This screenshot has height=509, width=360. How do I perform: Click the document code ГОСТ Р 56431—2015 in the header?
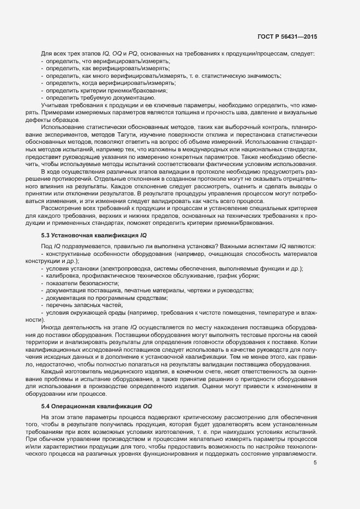pos(287,36)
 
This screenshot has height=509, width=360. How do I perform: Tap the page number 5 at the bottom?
pos(315,463)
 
